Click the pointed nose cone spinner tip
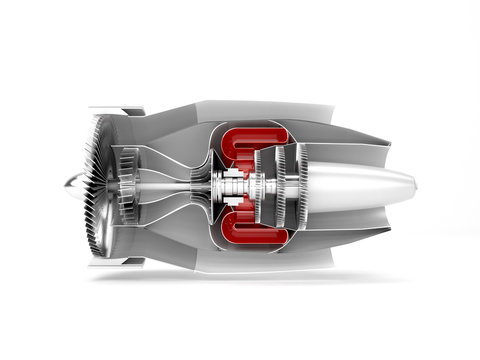(66, 187)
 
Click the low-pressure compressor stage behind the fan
(127, 187)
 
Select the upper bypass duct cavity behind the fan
(160, 135)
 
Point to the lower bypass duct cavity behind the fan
(160, 240)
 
